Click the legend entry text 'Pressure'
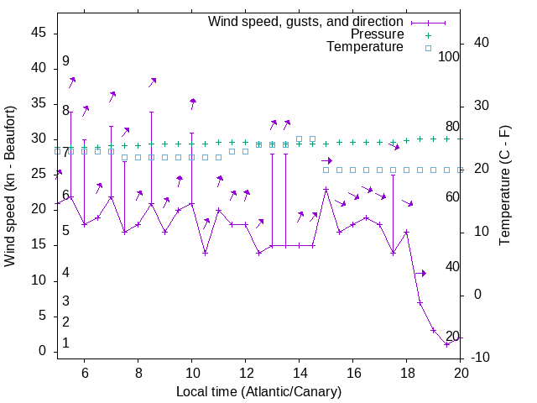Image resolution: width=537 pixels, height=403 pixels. (x=377, y=34)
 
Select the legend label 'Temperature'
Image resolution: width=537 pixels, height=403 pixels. (x=365, y=47)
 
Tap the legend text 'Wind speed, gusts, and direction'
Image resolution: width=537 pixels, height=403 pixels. (x=305, y=22)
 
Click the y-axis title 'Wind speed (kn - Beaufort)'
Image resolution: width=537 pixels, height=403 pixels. (x=10, y=186)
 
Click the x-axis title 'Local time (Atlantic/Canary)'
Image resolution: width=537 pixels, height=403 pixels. (x=258, y=391)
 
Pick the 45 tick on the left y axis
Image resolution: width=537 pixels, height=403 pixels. (x=38, y=33)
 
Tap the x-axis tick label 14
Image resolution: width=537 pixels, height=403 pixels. (x=300, y=373)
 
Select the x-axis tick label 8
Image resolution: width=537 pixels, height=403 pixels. (x=138, y=373)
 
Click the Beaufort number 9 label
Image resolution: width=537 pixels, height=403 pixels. (x=65, y=61)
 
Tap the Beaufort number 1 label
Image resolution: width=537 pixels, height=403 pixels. (x=65, y=343)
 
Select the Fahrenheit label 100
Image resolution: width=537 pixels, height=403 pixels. (x=449, y=56)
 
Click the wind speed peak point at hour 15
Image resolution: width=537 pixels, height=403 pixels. (x=326, y=189)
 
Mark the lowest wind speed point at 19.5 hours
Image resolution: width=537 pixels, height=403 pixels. (x=447, y=344)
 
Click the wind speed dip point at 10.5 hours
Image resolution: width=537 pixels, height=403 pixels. (x=205, y=253)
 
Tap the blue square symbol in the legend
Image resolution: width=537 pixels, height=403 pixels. (x=428, y=48)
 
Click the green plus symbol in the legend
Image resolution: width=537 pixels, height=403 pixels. (x=428, y=35)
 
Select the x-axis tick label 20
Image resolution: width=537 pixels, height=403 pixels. (x=461, y=373)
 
